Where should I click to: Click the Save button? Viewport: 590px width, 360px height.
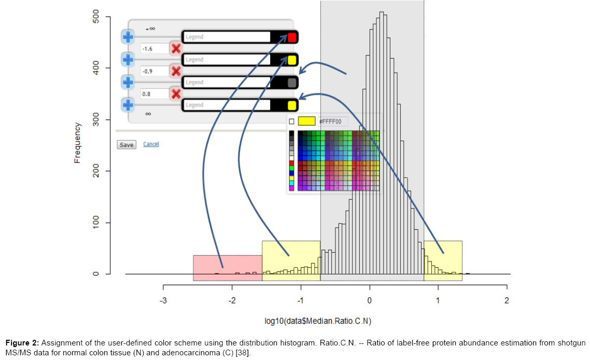[x=127, y=145]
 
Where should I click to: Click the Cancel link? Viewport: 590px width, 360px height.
[x=151, y=144]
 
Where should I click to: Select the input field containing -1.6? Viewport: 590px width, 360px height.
[x=154, y=49]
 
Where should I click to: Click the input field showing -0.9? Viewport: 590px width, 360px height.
[x=154, y=72]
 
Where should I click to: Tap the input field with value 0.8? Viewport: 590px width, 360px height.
[x=154, y=94]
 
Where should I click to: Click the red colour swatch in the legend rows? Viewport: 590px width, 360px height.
[x=292, y=37]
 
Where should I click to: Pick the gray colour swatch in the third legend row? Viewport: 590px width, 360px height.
[x=292, y=82]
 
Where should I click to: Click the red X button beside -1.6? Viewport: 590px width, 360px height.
[x=176, y=49]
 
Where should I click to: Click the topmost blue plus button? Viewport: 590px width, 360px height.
[x=128, y=37]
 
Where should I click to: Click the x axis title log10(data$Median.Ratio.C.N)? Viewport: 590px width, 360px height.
[x=318, y=322]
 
